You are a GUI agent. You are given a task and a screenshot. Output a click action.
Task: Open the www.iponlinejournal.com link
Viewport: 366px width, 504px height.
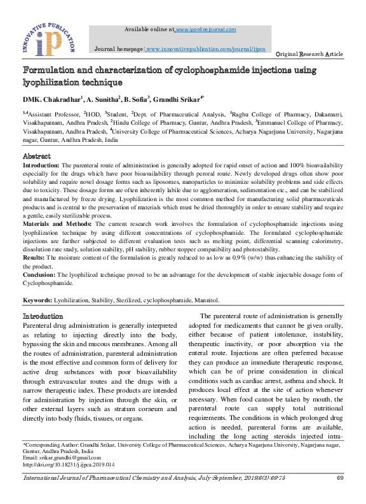click(x=205, y=29)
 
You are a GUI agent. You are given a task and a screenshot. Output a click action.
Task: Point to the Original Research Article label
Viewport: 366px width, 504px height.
click(x=310, y=55)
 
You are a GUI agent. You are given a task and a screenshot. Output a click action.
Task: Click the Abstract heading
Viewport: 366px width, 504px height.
click(x=36, y=156)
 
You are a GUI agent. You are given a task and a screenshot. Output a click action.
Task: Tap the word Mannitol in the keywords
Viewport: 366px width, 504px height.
click(x=206, y=300)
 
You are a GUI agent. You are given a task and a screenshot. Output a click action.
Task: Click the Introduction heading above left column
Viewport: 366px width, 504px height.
click(x=43, y=316)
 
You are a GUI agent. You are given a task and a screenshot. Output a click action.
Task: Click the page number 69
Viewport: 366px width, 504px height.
click(x=340, y=478)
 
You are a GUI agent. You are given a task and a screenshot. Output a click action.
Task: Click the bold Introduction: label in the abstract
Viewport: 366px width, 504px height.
click(x=42, y=165)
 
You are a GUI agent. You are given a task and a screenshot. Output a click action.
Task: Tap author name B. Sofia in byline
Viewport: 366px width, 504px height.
click(x=137, y=99)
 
